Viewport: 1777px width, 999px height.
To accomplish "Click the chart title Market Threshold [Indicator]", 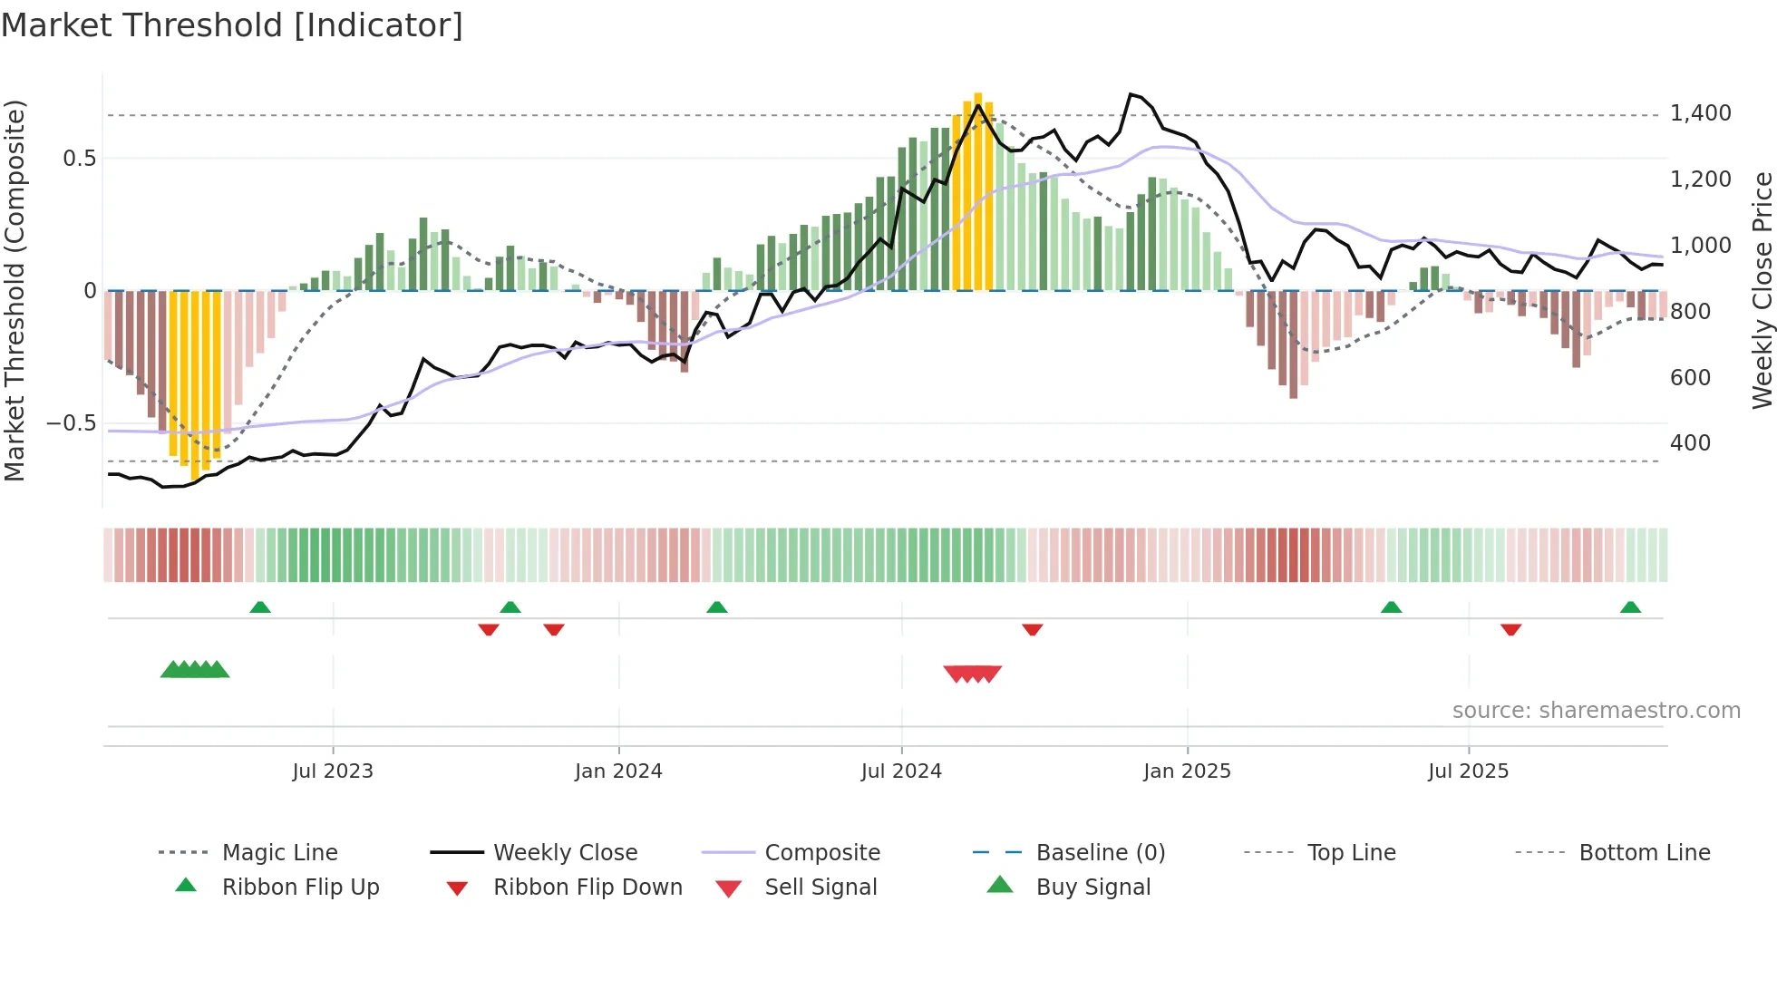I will [232, 25].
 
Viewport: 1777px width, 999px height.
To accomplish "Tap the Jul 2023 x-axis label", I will [333, 771].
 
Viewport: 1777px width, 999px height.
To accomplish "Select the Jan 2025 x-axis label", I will [1187, 771].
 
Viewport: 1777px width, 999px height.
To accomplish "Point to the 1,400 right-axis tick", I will [1700, 113].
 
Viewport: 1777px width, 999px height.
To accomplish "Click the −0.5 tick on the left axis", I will [72, 423].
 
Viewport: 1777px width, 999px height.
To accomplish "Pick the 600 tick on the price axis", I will [1690, 378].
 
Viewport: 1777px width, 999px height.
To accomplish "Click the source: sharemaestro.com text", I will [1596, 711].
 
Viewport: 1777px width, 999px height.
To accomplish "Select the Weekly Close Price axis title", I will [1762, 290].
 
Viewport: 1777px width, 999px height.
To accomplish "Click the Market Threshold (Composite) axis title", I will [15, 290].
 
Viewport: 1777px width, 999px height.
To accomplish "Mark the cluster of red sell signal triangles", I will [972, 674].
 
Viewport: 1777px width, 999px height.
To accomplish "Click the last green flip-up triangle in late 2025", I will [1630, 607].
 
